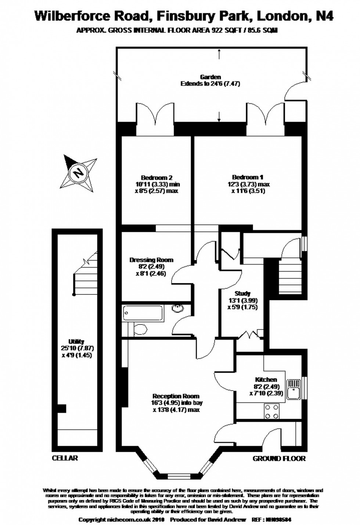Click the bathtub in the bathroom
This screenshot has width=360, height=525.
click(x=143, y=313)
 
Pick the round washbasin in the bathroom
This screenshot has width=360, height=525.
click(x=178, y=308)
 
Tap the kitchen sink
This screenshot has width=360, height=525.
click(x=294, y=389)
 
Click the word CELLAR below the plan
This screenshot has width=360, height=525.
click(x=65, y=458)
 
